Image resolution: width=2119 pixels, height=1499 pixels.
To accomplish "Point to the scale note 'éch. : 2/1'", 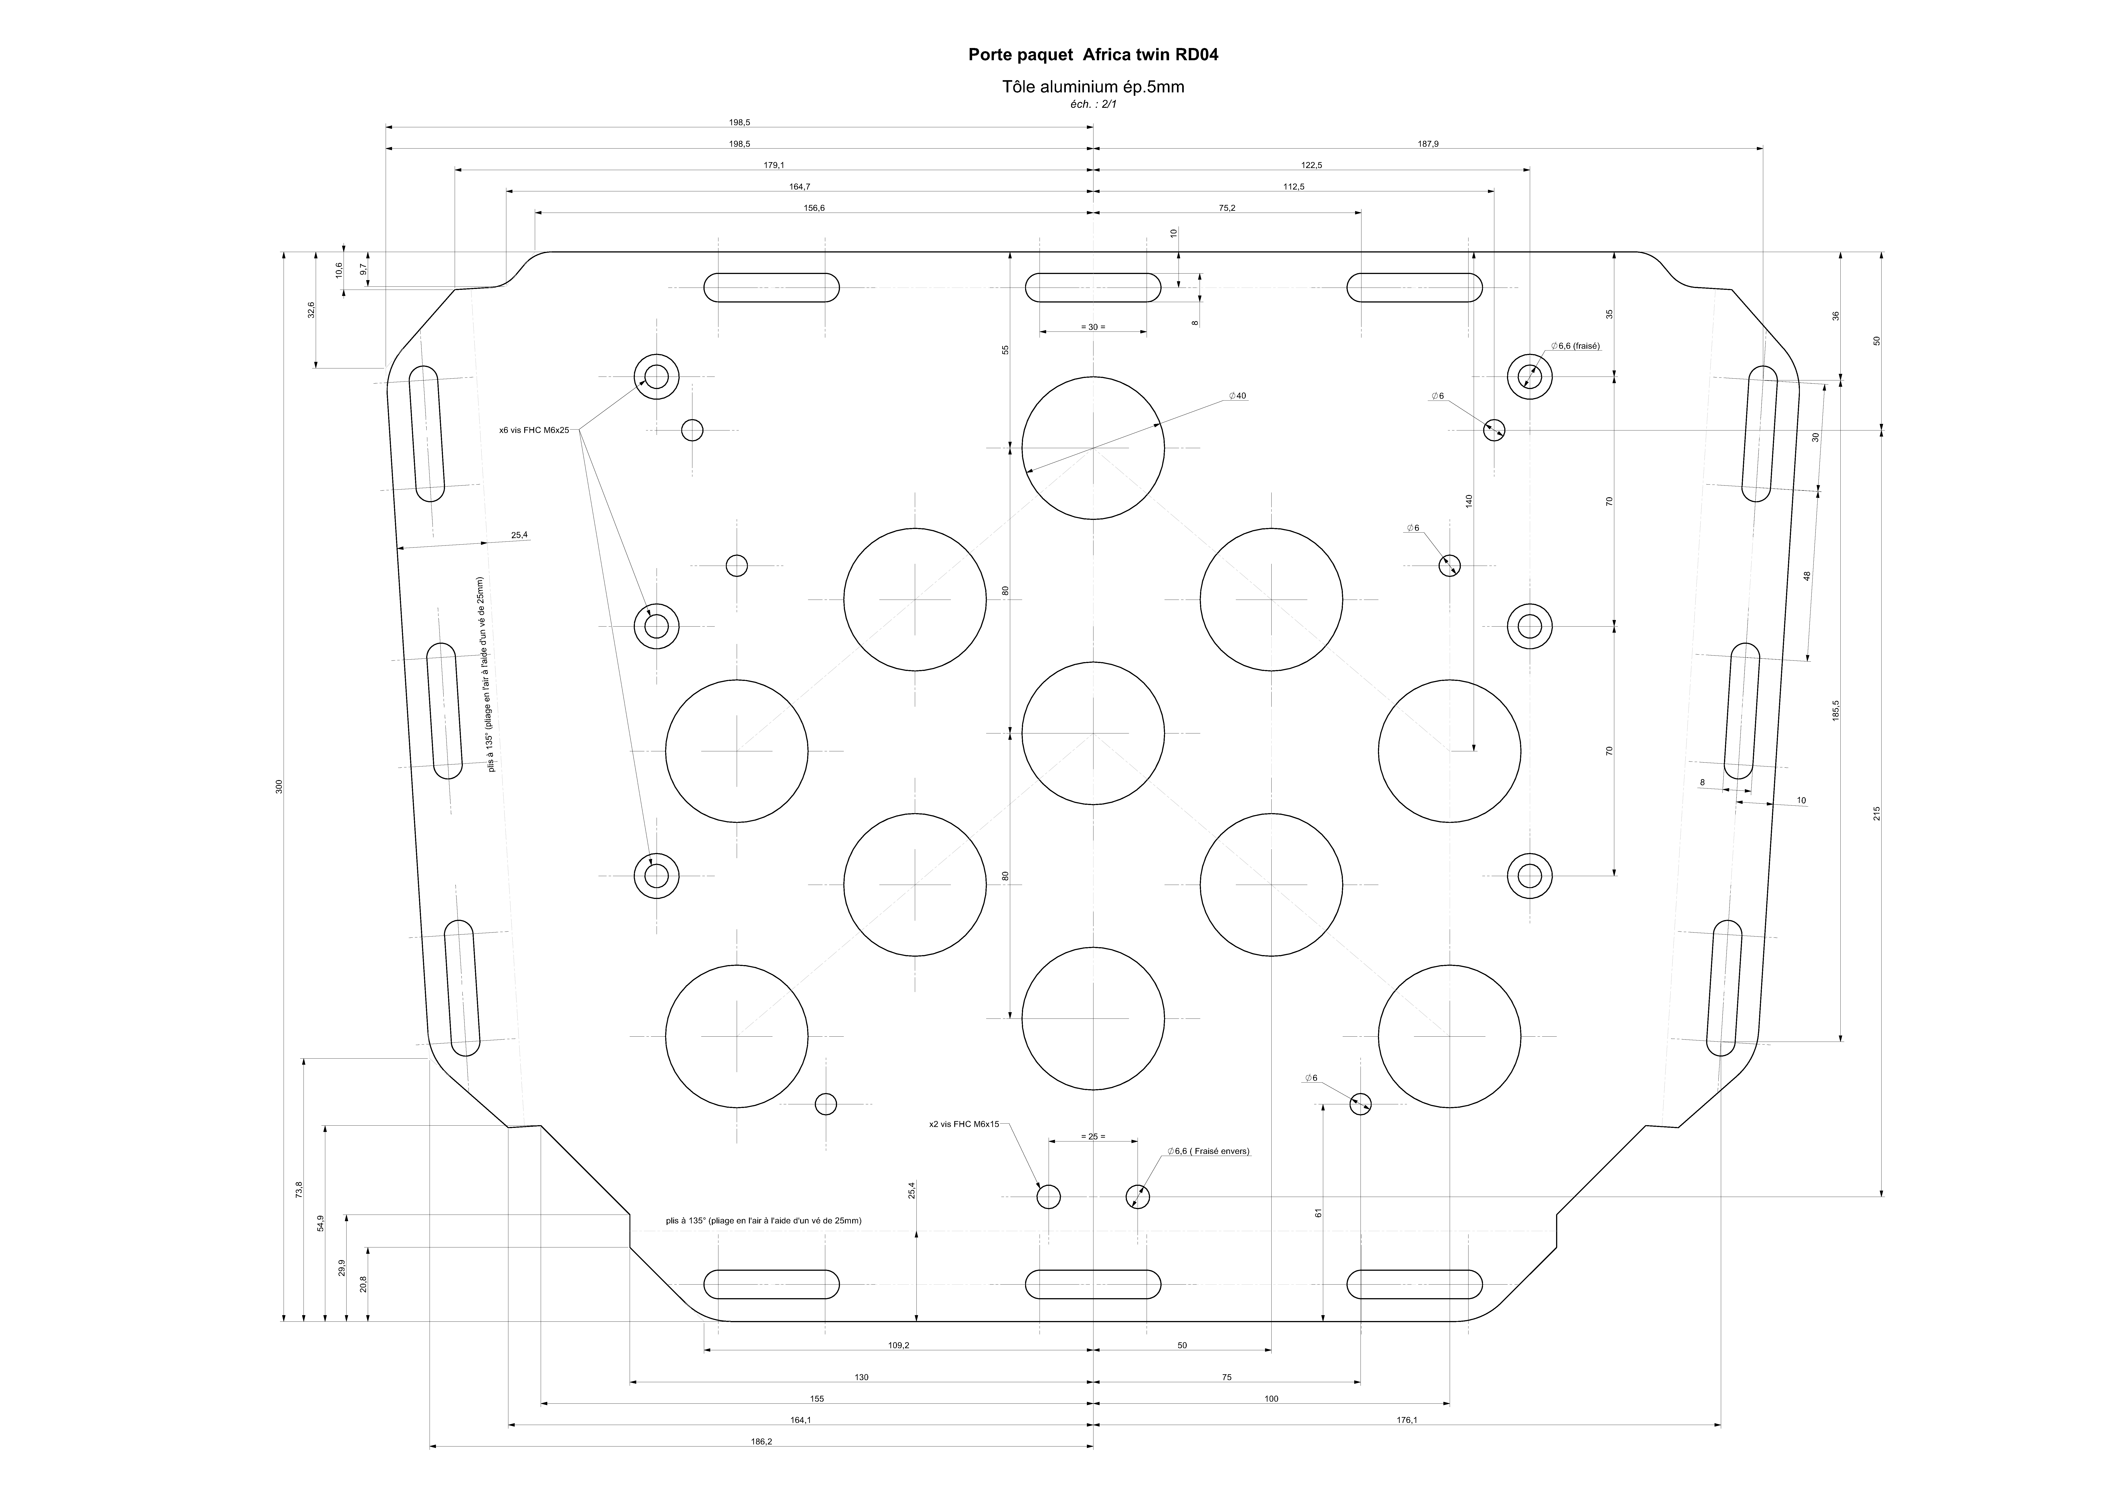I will pyautogui.click(x=1093, y=104).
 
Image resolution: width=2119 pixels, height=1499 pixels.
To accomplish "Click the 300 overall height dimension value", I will pyautogui.click(x=279, y=786).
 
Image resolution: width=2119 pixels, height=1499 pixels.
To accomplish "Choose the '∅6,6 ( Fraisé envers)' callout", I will pyautogui.click(x=1208, y=1151).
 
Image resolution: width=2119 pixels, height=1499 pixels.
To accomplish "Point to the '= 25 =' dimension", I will pyautogui.click(x=1093, y=1136).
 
